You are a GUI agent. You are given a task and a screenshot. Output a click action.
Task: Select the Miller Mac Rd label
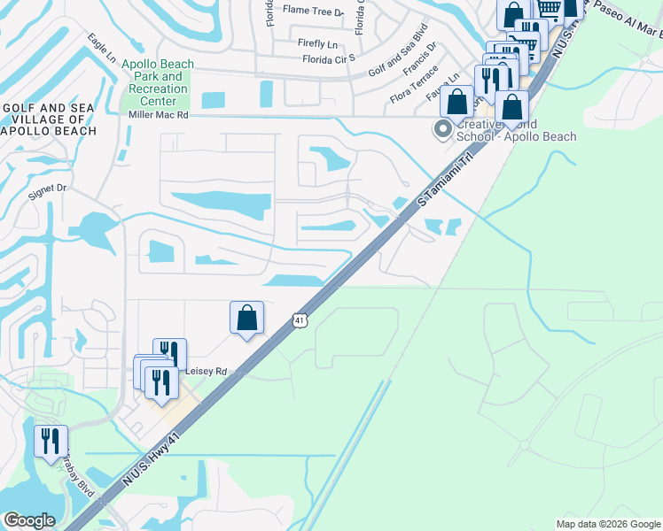tap(159, 115)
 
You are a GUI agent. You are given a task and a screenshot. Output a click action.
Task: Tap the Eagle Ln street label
tap(102, 48)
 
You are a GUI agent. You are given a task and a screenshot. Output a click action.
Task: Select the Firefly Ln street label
tap(318, 43)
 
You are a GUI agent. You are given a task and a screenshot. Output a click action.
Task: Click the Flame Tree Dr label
tap(312, 11)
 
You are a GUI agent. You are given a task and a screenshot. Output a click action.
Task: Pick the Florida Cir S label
tap(328, 59)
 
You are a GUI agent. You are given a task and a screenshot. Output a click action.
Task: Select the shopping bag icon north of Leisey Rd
tap(247, 318)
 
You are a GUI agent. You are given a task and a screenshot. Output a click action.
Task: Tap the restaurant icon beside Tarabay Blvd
tap(51, 441)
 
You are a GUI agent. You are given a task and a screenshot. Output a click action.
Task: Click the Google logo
tap(29, 520)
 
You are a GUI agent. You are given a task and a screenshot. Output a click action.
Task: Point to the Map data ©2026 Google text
tap(607, 524)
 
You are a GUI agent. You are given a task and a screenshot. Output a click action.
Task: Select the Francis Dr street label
tap(419, 59)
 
